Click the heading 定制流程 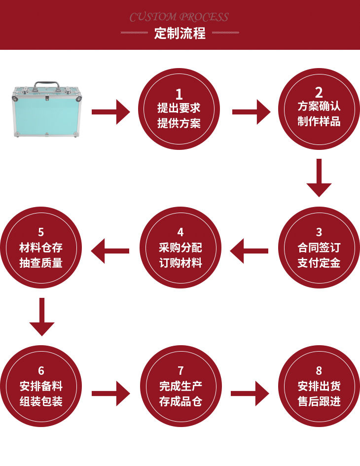click(180, 34)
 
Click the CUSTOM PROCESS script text click(179, 18)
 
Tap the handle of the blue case click(47, 85)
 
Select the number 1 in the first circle click(179, 94)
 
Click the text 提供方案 click(179, 123)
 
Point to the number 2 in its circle click(319, 92)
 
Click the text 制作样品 click(319, 121)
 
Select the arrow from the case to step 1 click(110, 112)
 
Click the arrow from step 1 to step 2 click(251, 112)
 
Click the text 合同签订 click(319, 248)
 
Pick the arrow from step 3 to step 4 click(249, 251)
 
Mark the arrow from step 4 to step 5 click(110, 251)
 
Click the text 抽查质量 click(41, 263)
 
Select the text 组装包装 click(41, 401)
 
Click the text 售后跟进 click(319, 401)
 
